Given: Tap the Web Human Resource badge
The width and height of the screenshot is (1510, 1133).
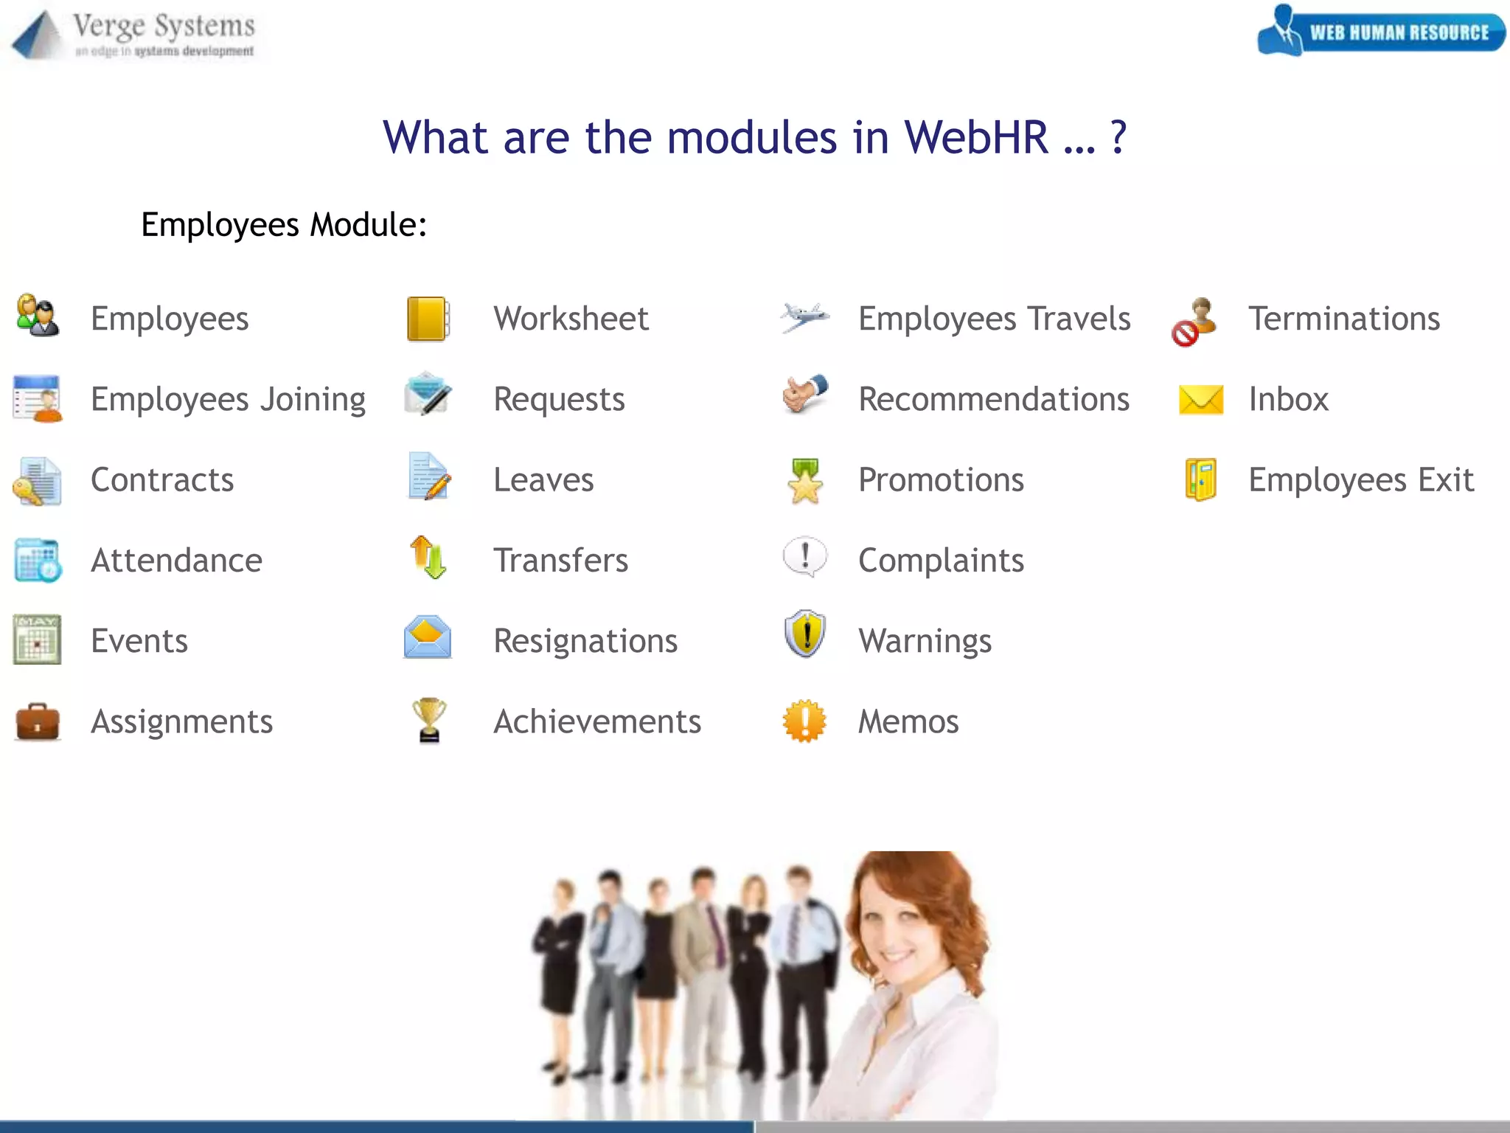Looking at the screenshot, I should click(1382, 31).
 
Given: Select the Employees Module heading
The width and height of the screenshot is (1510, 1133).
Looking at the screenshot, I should click(284, 225).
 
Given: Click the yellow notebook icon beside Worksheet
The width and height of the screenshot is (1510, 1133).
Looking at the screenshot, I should click(428, 319).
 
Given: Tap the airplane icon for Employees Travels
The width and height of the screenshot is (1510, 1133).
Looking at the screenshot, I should click(804, 317).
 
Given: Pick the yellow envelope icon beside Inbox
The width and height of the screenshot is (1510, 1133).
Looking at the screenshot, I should click(1201, 400).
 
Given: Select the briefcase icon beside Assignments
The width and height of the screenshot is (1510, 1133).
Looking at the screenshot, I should click(38, 721).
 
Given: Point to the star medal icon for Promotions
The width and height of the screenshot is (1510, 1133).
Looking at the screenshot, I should click(804, 481).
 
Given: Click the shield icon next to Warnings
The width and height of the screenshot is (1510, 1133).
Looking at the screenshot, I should click(804, 634).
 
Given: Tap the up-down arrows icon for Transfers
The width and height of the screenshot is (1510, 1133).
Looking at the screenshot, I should click(428, 557).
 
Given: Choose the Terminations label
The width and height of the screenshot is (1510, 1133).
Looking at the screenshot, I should click(1343, 319).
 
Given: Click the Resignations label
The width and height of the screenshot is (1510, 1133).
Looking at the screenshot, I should click(585, 641).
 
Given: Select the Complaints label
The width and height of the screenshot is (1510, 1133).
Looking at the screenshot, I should click(941, 561).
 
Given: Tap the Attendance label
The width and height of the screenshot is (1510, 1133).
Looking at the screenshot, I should click(176, 561).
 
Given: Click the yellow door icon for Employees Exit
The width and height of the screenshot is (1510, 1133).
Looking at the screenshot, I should click(1201, 479).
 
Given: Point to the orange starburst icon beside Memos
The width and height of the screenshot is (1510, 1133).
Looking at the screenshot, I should click(804, 721).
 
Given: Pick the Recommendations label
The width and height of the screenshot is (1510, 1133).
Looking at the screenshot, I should click(994, 400).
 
